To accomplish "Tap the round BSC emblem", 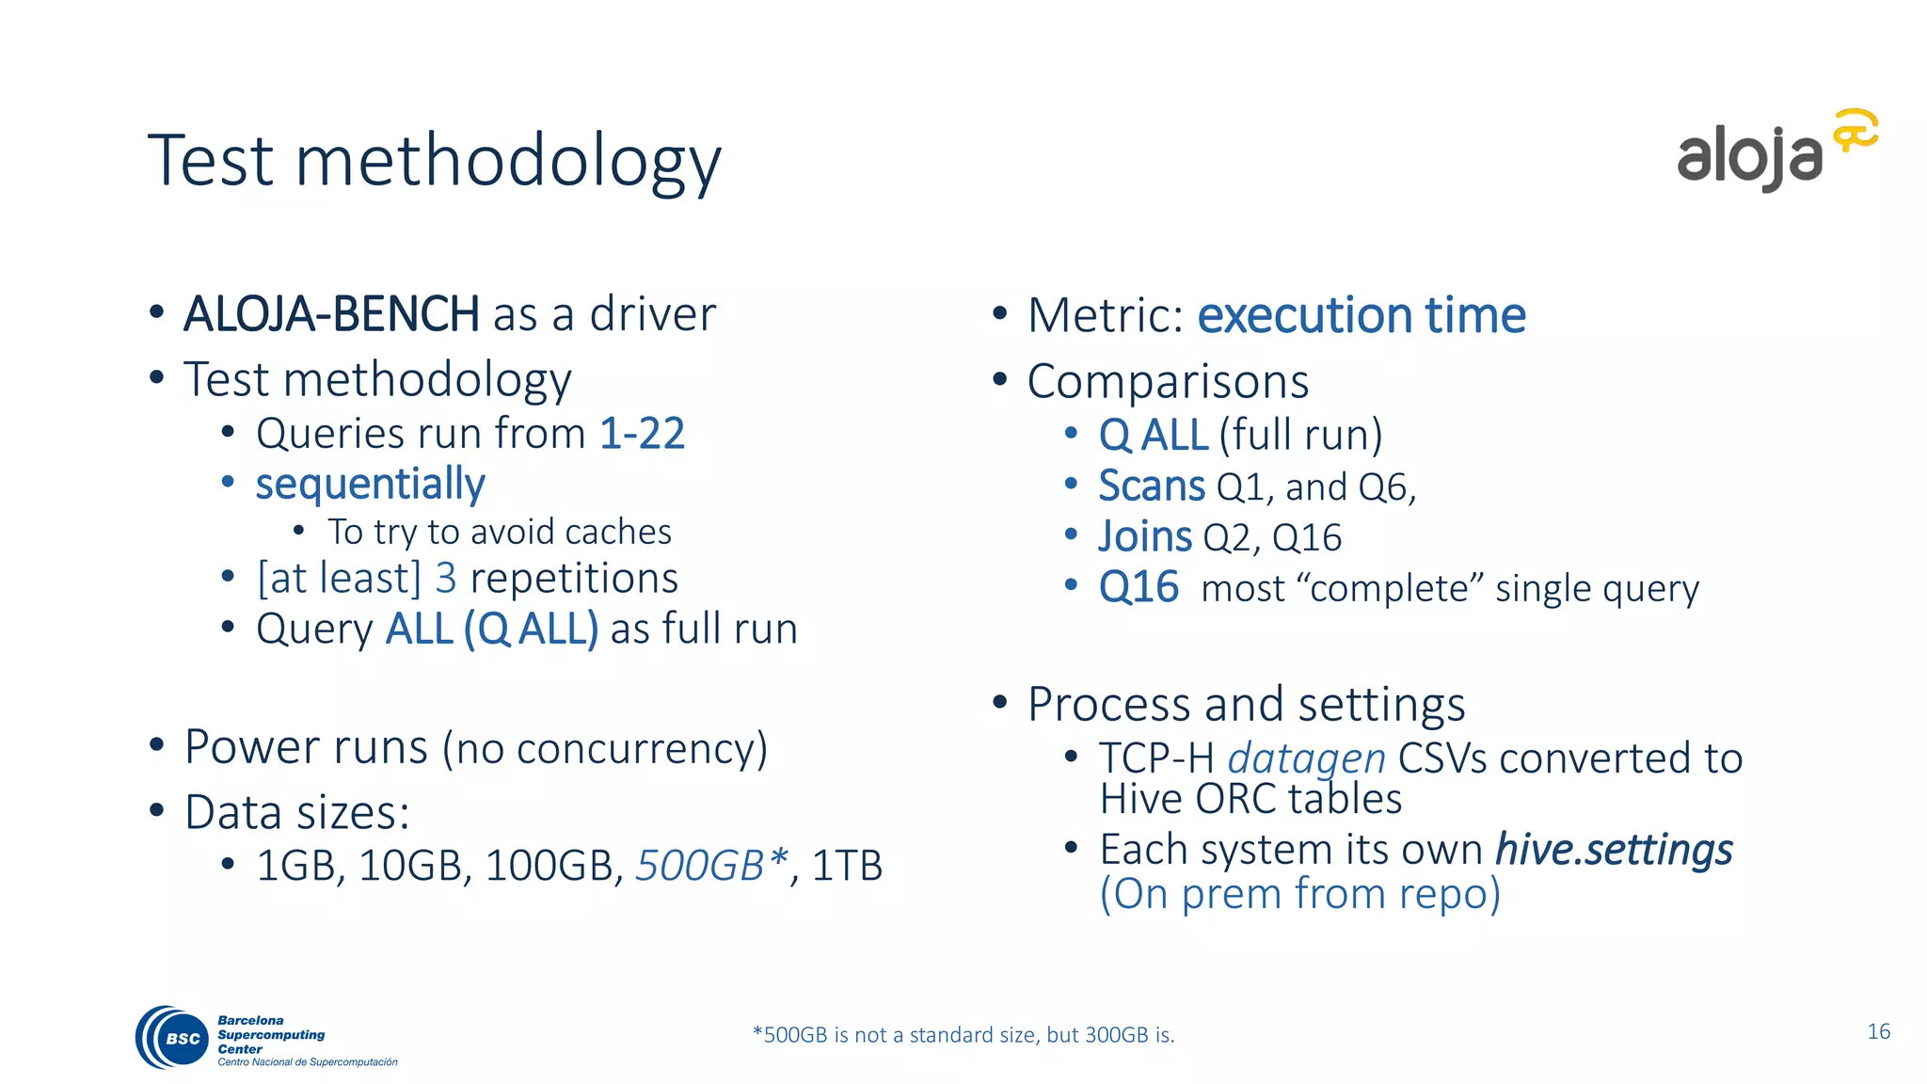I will point(174,1037).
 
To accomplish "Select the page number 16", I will point(1878,1031).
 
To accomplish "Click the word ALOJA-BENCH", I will point(331,314).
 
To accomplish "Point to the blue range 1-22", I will point(642,434).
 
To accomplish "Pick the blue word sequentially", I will point(370,485).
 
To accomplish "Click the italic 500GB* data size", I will point(711,866).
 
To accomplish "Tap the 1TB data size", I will point(847,866).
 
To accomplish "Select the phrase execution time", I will point(1361,315).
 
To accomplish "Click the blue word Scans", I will point(1151,486).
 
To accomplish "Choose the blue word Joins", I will point(1145,537).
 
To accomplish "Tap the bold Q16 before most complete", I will point(1139,588).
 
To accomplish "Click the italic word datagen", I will point(1306,758).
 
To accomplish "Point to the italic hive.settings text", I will point(1614,850).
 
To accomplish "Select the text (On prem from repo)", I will point(1299,894).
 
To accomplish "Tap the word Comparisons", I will point(1168,382).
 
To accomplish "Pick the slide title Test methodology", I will point(434,161).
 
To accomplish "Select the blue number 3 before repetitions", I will point(445,578).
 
